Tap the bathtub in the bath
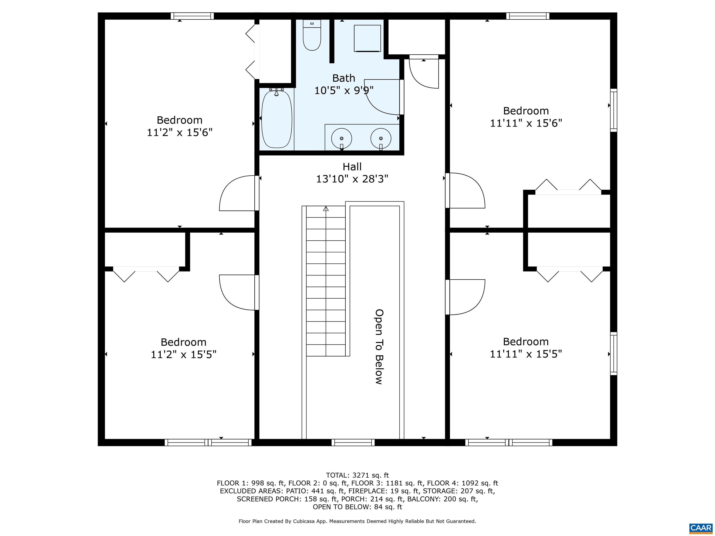pyautogui.click(x=277, y=119)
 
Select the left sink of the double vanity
pyautogui.click(x=342, y=138)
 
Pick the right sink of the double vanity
pyautogui.click(x=381, y=138)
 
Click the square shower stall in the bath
pyautogui.click(x=367, y=38)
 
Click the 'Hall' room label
pyautogui.click(x=352, y=167)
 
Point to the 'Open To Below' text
pyautogui.click(x=379, y=347)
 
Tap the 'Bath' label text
pyautogui.click(x=344, y=78)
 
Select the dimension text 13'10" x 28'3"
pyautogui.click(x=352, y=179)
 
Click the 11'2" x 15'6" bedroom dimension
pyautogui.click(x=180, y=132)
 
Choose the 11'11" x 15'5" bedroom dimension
pyautogui.click(x=526, y=354)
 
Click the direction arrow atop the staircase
pyautogui.click(x=326, y=209)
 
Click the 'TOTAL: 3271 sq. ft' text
pyautogui.click(x=357, y=475)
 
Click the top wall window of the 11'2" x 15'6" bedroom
pyautogui.click(x=192, y=16)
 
